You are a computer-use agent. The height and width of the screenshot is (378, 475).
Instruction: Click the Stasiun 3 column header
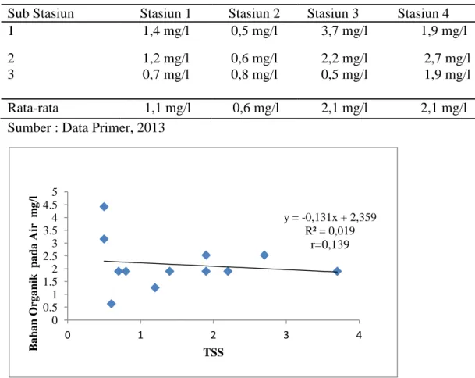tap(332, 13)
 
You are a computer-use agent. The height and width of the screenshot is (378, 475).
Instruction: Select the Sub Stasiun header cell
tap(41, 13)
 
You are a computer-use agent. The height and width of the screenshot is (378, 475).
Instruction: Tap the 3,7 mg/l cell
tap(345, 31)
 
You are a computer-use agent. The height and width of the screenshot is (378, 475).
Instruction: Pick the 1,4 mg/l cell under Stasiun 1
tap(166, 31)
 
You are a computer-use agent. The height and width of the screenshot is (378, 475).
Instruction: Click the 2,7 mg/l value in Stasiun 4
tap(447, 59)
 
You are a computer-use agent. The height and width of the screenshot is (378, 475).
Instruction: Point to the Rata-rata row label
tap(33, 108)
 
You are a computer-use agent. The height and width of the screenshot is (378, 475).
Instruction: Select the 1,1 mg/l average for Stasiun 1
tap(168, 109)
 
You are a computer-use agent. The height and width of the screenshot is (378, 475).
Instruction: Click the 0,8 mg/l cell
tap(254, 75)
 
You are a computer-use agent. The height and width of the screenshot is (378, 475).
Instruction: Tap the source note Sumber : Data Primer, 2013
tap(86, 128)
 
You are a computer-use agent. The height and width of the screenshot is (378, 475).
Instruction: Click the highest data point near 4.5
tap(104, 207)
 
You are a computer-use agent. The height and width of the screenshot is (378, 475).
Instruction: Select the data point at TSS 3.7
tap(337, 271)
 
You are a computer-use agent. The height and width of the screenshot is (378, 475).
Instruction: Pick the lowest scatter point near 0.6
tap(112, 304)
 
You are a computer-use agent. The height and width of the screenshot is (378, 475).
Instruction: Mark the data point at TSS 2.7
tap(264, 255)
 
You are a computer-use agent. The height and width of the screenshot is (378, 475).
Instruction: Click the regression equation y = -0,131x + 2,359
tap(330, 218)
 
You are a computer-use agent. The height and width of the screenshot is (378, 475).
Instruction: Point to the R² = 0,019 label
tap(330, 231)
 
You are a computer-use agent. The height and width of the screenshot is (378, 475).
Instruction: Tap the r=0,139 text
tap(330, 244)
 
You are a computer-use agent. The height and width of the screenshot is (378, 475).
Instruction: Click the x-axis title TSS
tap(214, 352)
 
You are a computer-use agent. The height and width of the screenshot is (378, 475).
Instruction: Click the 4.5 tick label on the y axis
tap(50, 205)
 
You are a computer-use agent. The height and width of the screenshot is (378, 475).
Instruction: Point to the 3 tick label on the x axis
tap(286, 335)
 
